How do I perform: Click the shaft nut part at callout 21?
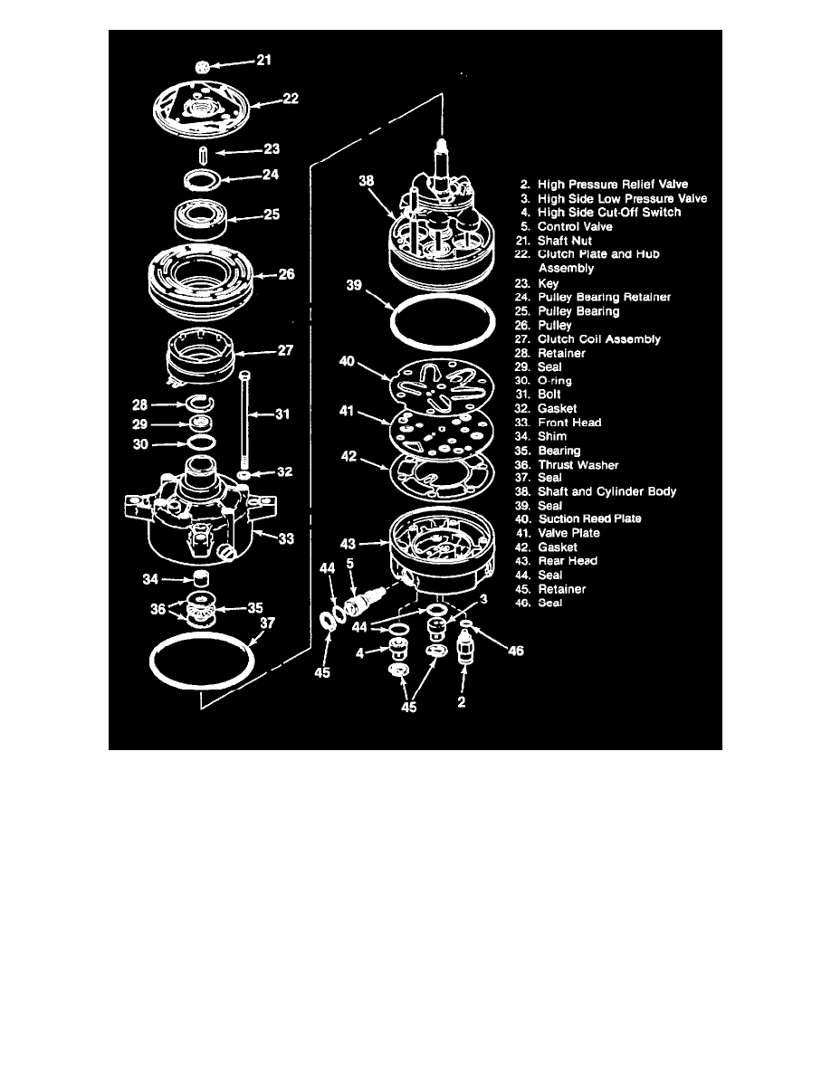(203, 65)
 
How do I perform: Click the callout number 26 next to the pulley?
(287, 274)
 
